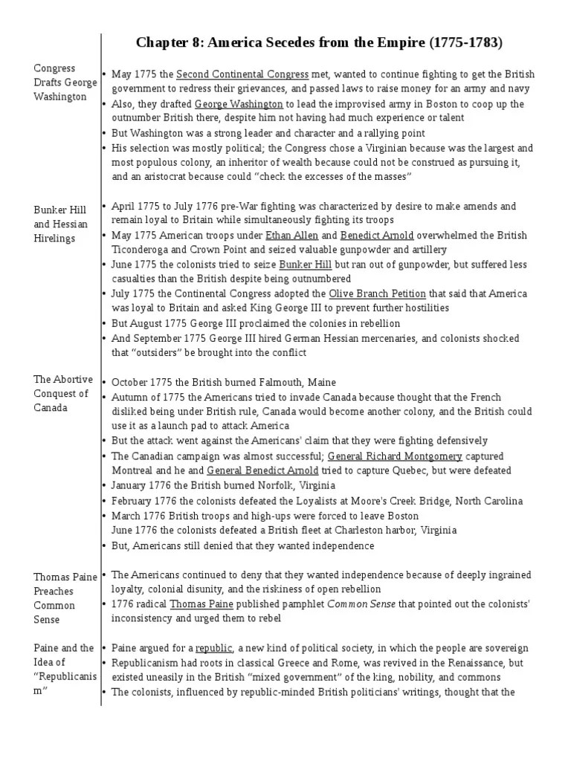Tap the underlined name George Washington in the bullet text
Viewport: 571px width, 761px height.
point(239,105)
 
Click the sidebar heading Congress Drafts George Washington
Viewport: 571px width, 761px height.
point(65,82)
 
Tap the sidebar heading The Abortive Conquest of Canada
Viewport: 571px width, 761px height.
point(62,394)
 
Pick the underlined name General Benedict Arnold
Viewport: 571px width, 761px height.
point(262,470)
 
